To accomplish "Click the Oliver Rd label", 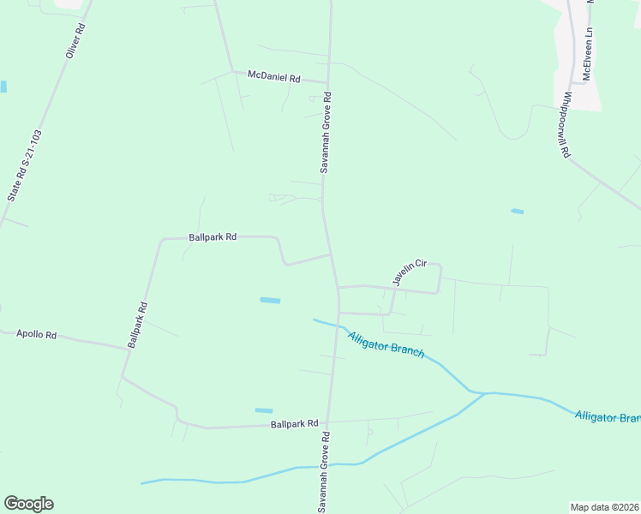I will click(x=76, y=40).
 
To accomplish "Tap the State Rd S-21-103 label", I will click(x=25, y=166).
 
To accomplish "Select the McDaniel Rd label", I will click(x=273, y=77).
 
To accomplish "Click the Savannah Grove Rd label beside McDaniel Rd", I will click(x=326, y=133).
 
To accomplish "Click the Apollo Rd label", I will click(x=36, y=335).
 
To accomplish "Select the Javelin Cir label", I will click(x=409, y=272).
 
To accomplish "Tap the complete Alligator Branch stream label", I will click(x=386, y=344).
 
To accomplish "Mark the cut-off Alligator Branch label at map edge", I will click(x=608, y=417).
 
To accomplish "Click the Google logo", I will click(x=28, y=504).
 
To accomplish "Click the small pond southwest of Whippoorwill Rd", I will click(x=517, y=211).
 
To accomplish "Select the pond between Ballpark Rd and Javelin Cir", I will click(x=269, y=300).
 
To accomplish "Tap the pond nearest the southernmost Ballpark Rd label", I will click(x=263, y=410).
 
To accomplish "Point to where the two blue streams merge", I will click(x=484, y=393).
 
